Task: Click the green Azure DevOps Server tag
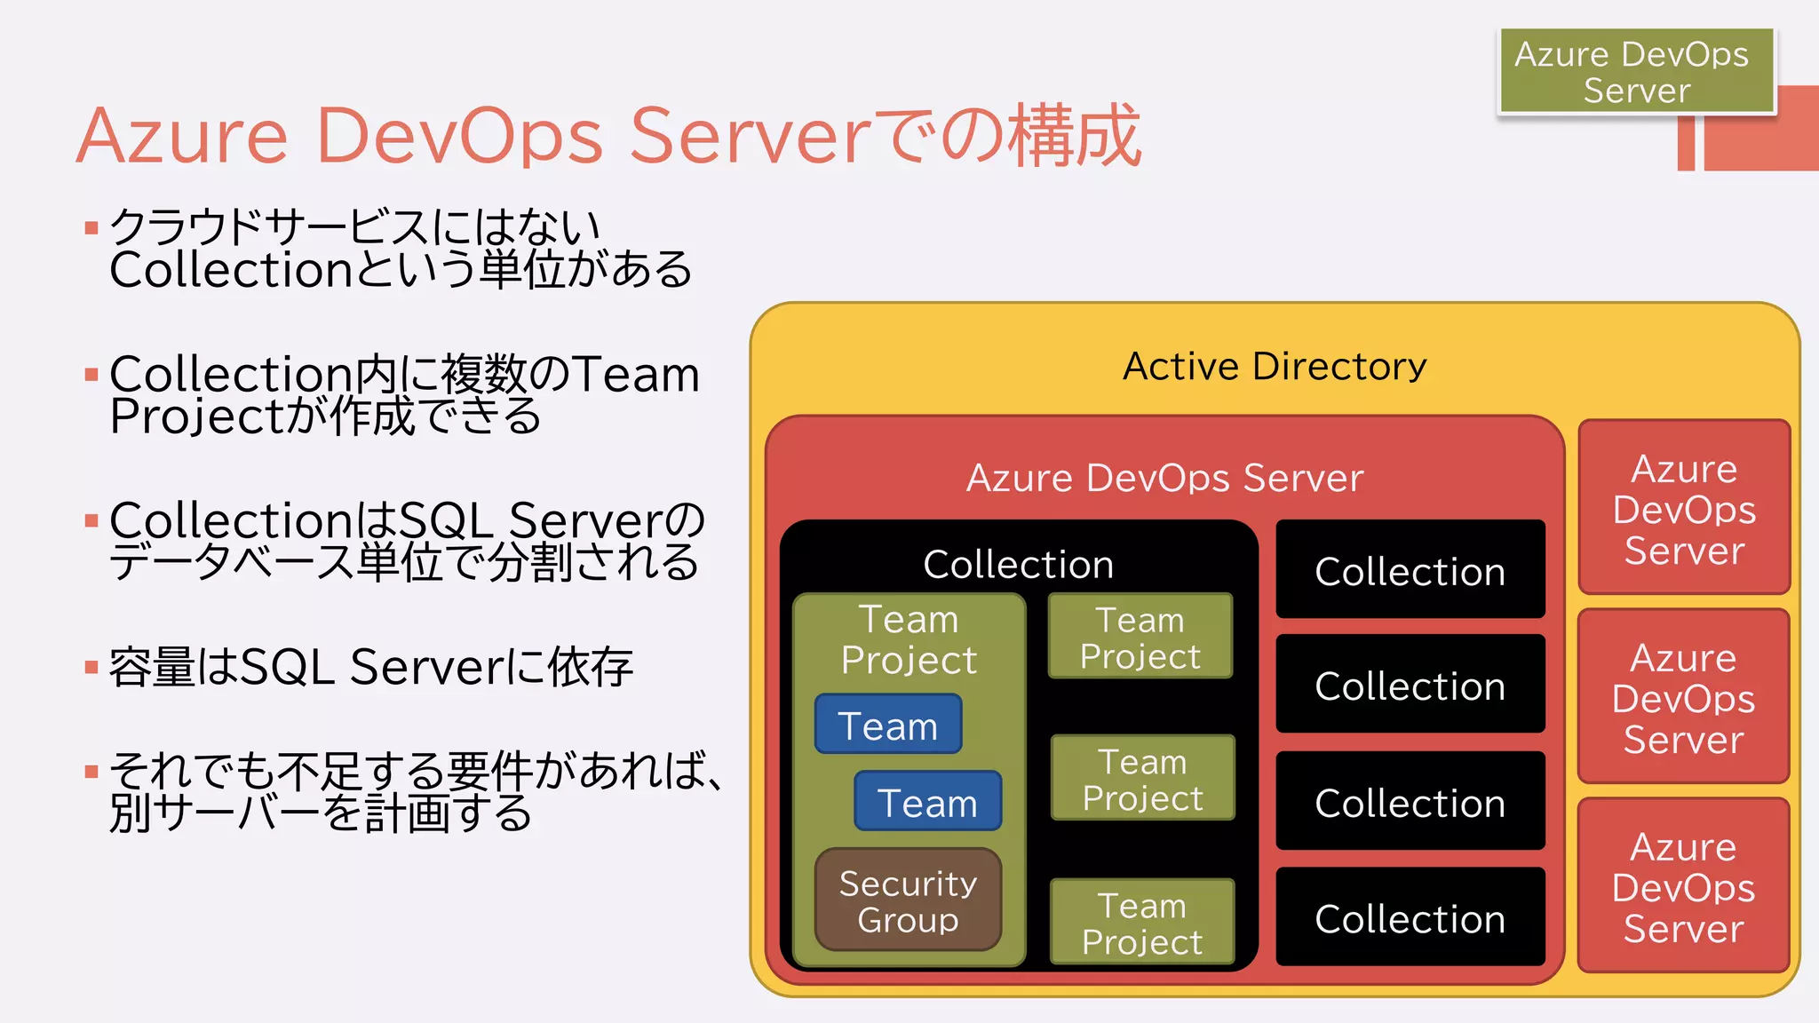coord(1636,71)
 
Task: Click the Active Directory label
coord(1275,366)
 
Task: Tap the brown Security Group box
coord(908,900)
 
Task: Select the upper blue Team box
coord(888,725)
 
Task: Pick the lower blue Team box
coord(927,802)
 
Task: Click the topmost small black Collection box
coord(1410,570)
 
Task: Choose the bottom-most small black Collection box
coord(1410,917)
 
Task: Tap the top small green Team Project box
coord(1140,637)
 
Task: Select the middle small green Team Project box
coord(1143,779)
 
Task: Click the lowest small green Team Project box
coord(1142,923)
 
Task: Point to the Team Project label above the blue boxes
coord(909,639)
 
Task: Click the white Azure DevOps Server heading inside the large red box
coord(1164,478)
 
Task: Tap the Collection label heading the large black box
coord(1018,564)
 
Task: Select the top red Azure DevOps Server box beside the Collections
coord(1684,508)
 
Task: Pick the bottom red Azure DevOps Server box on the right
coord(1683,886)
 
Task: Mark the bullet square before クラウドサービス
coord(91,228)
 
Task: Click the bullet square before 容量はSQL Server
coord(91,667)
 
